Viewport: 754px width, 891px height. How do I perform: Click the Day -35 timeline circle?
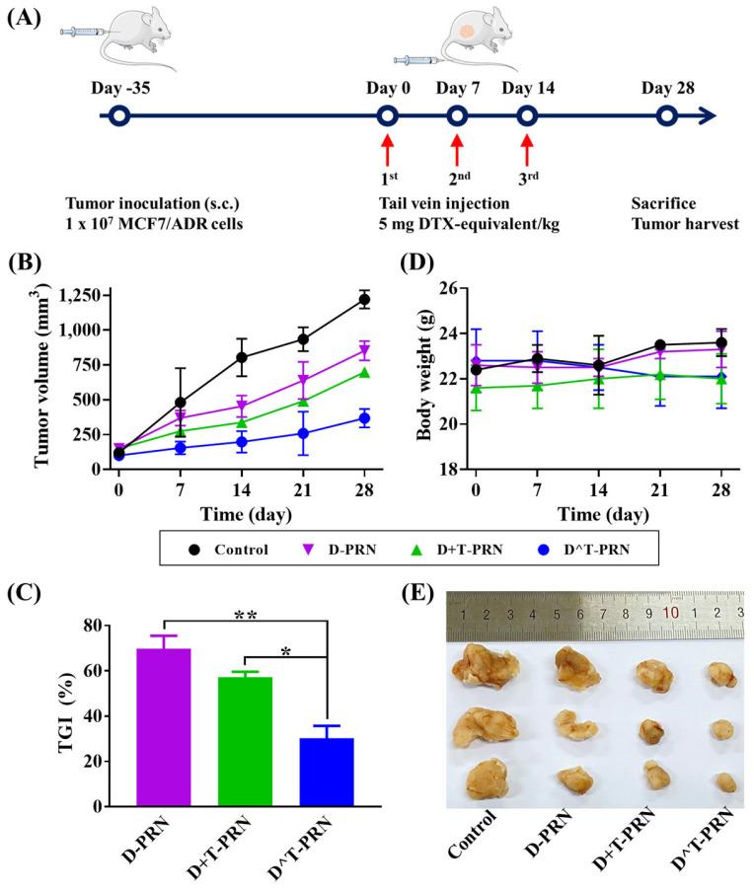[119, 116]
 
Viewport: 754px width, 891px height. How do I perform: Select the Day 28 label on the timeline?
[667, 88]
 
